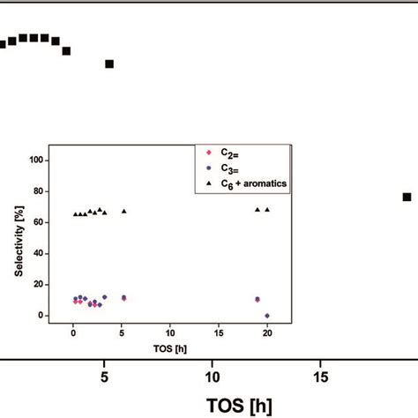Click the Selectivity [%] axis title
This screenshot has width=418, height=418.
pos(18,237)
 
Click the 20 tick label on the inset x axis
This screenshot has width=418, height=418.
pos(267,332)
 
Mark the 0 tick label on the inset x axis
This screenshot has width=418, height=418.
pos(73,332)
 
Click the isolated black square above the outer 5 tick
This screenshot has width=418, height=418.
pos(109,63)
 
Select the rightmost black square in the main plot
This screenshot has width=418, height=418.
pos(407,197)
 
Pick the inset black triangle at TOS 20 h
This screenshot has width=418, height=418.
pos(267,210)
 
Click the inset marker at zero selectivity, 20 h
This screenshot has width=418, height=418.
pos(267,315)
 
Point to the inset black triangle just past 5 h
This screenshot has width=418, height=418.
pos(123,211)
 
